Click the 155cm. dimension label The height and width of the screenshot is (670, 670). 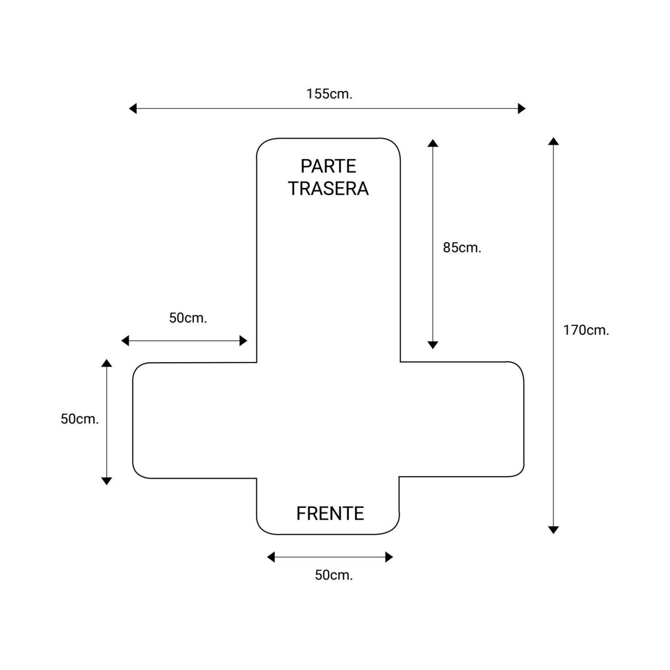pyautogui.click(x=329, y=94)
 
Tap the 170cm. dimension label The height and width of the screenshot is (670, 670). pyautogui.click(x=586, y=330)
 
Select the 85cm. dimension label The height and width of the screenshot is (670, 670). pyautogui.click(x=462, y=247)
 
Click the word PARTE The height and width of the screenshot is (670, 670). pyautogui.click(x=328, y=166)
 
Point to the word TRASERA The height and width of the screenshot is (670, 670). pyautogui.click(x=328, y=188)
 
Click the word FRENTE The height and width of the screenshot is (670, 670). pyautogui.click(x=330, y=513)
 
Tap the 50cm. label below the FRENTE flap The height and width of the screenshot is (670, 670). pyautogui.click(x=334, y=575)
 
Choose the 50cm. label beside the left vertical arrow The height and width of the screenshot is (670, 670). pyautogui.click(x=80, y=419)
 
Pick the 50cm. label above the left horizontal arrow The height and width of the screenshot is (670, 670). pyautogui.click(x=188, y=318)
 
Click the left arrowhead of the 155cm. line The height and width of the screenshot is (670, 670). pyautogui.click(x=132, y=108)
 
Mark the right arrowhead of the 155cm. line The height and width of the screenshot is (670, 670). pyautogui.click(x=522, y=108)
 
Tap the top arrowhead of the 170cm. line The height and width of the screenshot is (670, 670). pyautogui.click(x=554, y=141)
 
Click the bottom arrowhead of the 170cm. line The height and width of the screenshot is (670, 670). pyautogui.click(x=554, y=530)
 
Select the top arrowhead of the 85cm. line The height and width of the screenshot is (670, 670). pyautogui.click(x=433, y=143)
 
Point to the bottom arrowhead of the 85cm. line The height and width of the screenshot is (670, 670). pyautogui.click(x=433, y=345)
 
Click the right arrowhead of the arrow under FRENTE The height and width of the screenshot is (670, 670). pyautogui.click(x=389, y=557)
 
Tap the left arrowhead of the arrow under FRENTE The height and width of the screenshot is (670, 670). pyautogui.click(x=271, y=557)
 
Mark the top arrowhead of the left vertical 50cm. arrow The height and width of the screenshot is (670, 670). pyautogui.click(x=106, y=363)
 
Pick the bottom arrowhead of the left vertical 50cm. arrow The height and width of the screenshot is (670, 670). pyautogui.click(x=106, y=481)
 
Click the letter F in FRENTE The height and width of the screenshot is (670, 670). pyautogui.click(x=301, y=513)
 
